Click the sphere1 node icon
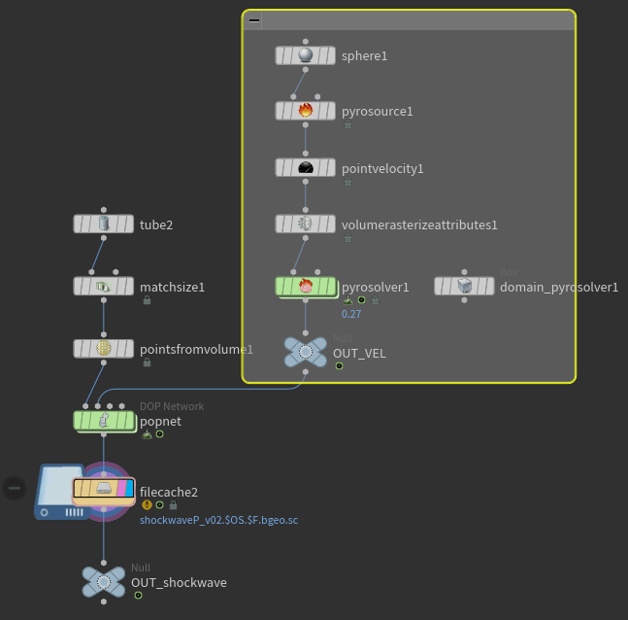[306, 55]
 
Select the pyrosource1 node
[306, 111]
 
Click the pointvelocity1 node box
[306, 167]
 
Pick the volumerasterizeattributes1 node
[306, 224]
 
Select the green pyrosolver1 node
[306, 287]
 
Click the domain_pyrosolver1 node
[464, 286]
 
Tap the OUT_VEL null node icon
[306, 352]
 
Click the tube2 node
[104, 224]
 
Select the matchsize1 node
[104, 287]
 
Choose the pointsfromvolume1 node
[104, 348]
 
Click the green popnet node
[104, 420]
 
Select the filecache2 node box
[104, 488]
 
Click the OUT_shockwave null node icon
[104, 581]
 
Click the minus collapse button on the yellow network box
[254, 19]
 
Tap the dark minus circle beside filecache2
[14, 486]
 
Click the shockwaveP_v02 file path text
[218, 521]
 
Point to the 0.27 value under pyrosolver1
[351, 314]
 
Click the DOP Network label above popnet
[172, 406]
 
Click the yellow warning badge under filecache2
[147, 505]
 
